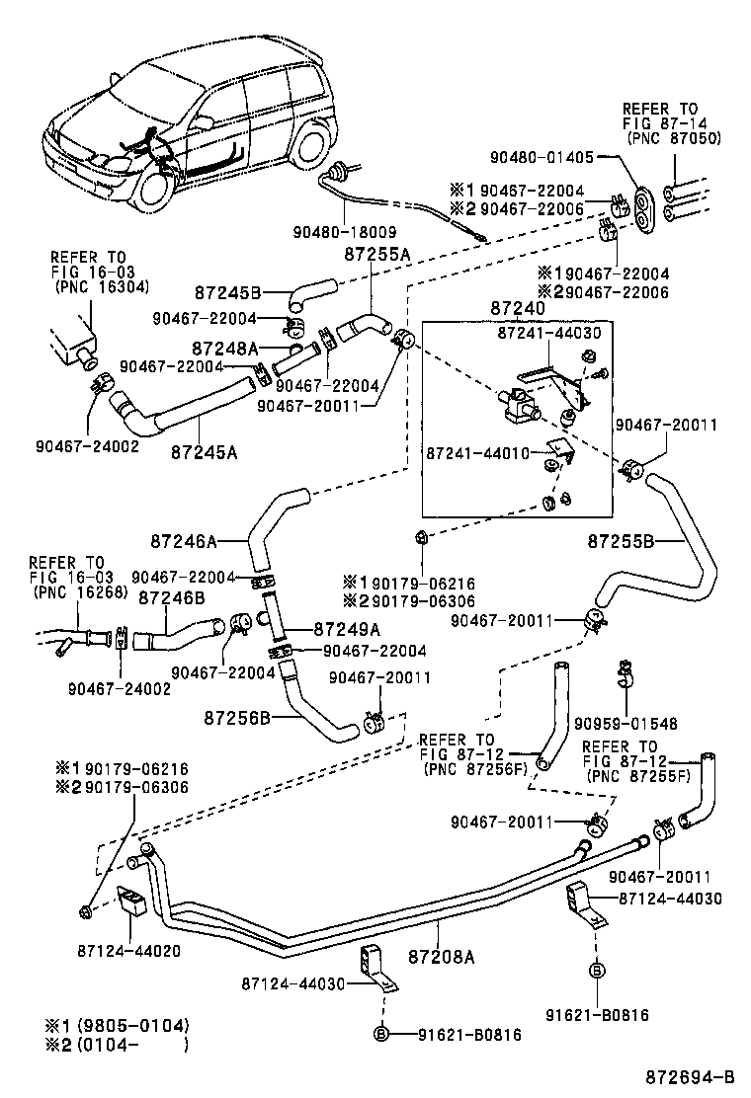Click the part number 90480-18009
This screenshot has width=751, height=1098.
pos(338,233)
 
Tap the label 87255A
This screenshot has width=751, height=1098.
pos(376,254)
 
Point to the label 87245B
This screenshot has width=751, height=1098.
pos(226,292)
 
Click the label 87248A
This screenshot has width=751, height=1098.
pos(224,348)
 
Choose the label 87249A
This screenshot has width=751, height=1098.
pos(346,628)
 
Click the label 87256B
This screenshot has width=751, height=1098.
pos(238,716)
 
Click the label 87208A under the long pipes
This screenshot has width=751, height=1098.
pos(442,956)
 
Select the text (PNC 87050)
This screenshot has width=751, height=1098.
pos(672,138)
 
